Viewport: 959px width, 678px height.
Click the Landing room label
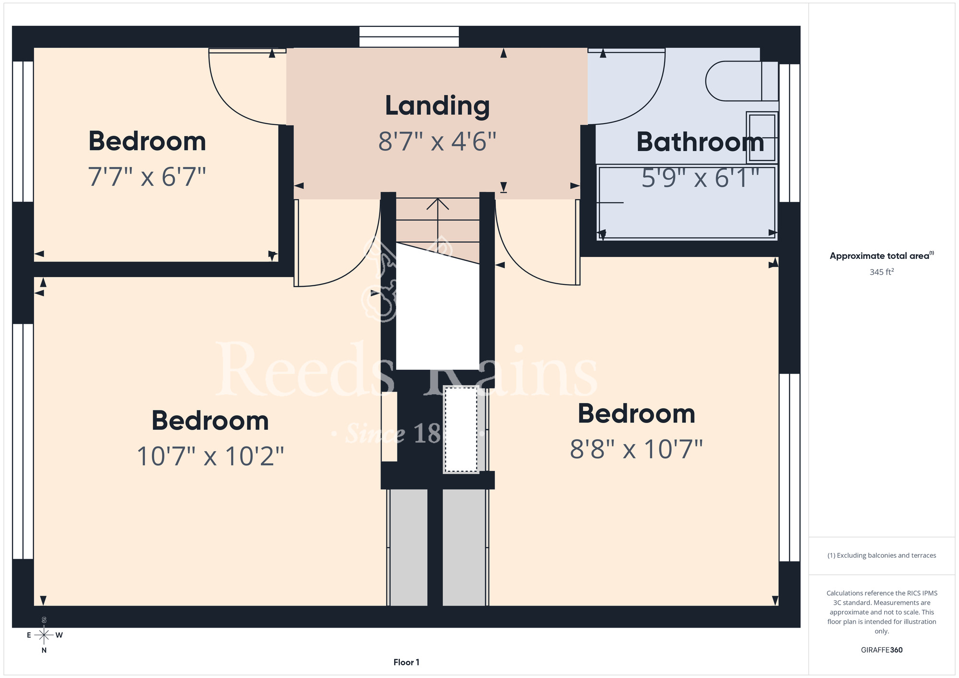(x=437, y=106)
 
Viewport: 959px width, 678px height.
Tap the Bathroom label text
(x=700, y=142)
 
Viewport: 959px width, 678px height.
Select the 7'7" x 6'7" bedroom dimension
(x=147, y=176)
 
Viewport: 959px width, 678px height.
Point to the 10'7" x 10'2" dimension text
(x=211, y=456)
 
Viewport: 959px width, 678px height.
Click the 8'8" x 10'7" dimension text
(x=636, y=449)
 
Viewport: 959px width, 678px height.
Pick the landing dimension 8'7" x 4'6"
(x=437, y=141)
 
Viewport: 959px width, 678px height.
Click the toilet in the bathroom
(x=742, y=81)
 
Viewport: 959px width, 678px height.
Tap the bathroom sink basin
(x=762, y=138)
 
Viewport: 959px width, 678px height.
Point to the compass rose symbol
(x=44, y=635)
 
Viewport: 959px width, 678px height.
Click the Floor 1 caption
(x=406, y=662)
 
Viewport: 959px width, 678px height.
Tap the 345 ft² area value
(x=881, y=272)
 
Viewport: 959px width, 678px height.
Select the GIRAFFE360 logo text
(x=881, y=650)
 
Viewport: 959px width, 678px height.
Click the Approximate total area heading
(x=881, y=256)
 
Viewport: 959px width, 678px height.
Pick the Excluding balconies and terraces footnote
(x=881, y=555)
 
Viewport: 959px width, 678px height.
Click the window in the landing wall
(x=409, y=37)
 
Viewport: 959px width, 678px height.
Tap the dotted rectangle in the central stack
(x=461, y=430)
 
